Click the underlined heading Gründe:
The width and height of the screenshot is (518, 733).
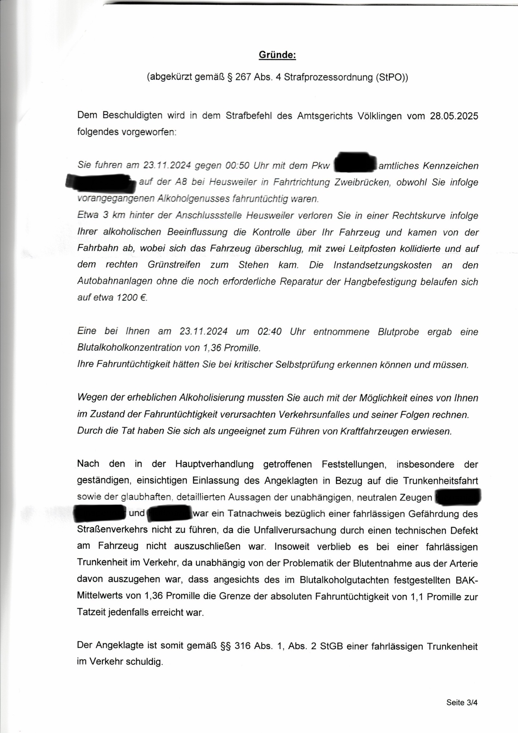pos(277,55)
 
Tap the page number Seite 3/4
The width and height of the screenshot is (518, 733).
pos(462,703)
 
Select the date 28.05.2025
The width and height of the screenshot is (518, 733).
pos(454,116)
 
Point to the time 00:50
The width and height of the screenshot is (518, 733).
pos(237,166)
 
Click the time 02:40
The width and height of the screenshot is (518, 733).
pos(269,332)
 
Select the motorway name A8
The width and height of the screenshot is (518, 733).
pos(181,182)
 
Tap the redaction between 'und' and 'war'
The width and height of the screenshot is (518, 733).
pos(170,513)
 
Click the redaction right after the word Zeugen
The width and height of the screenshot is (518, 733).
pos(458,497)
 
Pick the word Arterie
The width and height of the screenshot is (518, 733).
pos(463,563)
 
